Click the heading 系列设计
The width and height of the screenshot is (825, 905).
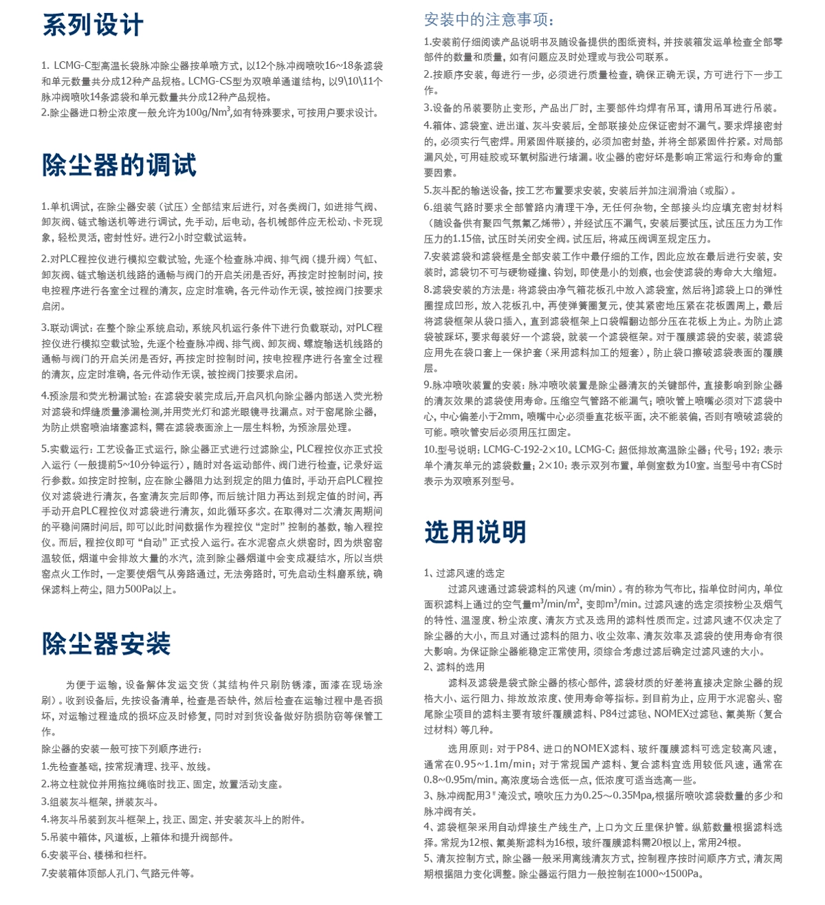tap(93, 25)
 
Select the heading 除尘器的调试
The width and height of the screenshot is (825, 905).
tap(119, 165)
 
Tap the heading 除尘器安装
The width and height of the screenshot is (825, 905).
tap(106, 644)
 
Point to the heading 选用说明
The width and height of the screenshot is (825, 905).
tap(475, 532)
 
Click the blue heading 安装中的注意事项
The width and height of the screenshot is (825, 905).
tap(489, 19)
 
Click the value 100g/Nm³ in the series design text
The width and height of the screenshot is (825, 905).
tap(208, 113)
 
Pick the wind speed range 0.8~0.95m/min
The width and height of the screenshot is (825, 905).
tap(459, 780)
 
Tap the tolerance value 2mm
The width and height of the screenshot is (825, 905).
tap(508, 416)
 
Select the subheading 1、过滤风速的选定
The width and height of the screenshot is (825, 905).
tap(465, 573)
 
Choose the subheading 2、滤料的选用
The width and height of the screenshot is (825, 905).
tap(454, 666)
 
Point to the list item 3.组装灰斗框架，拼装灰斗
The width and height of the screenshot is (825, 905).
tap(100, 802)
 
